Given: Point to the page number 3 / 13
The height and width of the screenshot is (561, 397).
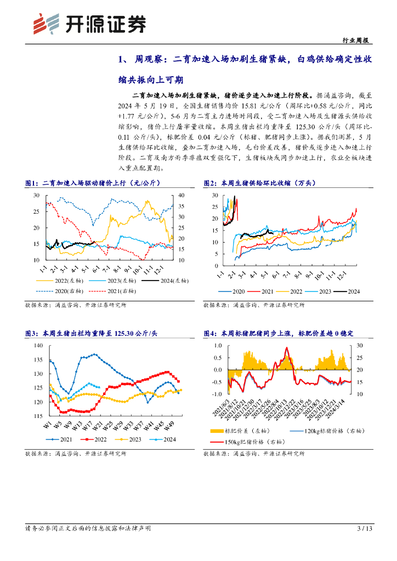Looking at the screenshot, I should click(365, 529).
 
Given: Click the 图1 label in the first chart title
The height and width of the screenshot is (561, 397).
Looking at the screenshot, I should click(31, 184).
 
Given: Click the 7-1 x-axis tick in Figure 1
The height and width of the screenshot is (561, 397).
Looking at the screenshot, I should click(106, 271).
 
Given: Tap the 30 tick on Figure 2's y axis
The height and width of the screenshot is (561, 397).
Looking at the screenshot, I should click(212, 195).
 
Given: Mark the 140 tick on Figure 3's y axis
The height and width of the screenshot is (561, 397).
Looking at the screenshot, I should click(38, 345).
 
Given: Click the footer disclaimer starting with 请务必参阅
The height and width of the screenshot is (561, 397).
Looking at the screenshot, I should click(88, 529).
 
